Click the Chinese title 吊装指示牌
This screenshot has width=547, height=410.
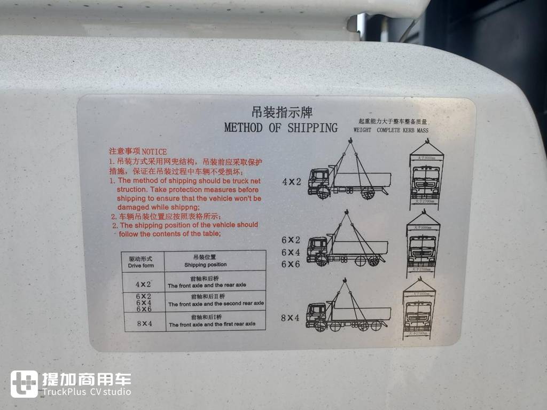coord(282,113)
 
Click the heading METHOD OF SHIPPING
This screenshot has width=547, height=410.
coord(281,128)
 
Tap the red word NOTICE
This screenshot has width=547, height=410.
coord(154,152)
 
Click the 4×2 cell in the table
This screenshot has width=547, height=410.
coord(143,284)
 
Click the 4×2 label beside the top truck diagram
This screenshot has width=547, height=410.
coord(292,182)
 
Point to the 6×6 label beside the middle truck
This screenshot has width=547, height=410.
coord(291,264)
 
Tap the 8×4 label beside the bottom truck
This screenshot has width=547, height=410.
coord(290,318)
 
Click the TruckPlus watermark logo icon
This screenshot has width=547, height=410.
coord(24,384)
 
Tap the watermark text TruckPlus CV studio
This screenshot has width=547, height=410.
coord(87,392)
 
